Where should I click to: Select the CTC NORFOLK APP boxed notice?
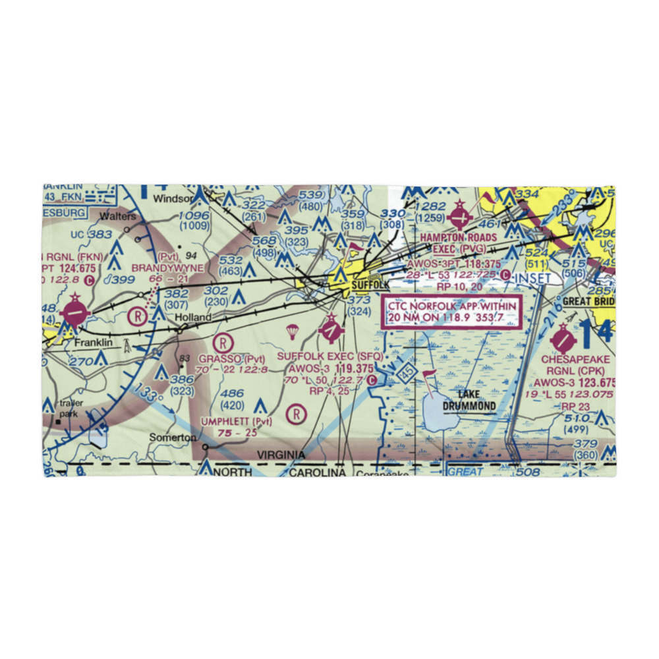452,312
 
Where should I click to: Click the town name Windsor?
173,198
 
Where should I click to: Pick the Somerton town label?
172,438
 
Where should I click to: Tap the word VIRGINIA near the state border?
281,455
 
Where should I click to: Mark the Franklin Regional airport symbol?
75,310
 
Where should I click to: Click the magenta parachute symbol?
291,330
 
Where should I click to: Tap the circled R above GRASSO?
223,342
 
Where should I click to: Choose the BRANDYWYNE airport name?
167,268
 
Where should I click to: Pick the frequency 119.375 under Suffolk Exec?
354,369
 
